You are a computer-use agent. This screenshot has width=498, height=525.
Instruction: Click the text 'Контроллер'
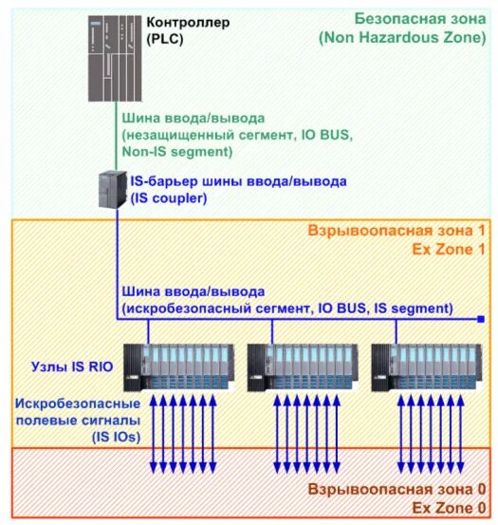pyautogui.click(x=189, y=20)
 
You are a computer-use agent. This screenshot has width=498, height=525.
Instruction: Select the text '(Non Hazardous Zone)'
pyautogui.click(x=403, y=38)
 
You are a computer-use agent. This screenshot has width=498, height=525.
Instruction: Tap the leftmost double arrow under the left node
pyautogui.click(x=154, y=432)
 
